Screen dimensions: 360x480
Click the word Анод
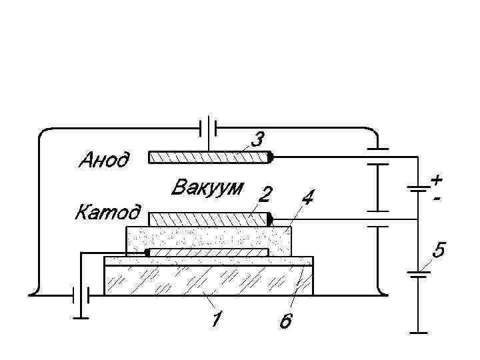click(104, 160)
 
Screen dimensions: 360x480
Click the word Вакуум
click(208, 187)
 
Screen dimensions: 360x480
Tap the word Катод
click(107, 213)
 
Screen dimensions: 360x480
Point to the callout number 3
click(257, 139)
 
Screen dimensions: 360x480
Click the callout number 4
click(309, 197)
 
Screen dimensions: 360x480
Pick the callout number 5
click(438, 251)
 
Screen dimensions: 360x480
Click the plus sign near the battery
click(436, 180)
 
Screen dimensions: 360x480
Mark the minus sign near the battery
click(437, 198)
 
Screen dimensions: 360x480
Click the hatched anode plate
click(208, 157)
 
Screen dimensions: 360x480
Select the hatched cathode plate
click(208, 219)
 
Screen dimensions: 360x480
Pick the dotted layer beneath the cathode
click(208, 237)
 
